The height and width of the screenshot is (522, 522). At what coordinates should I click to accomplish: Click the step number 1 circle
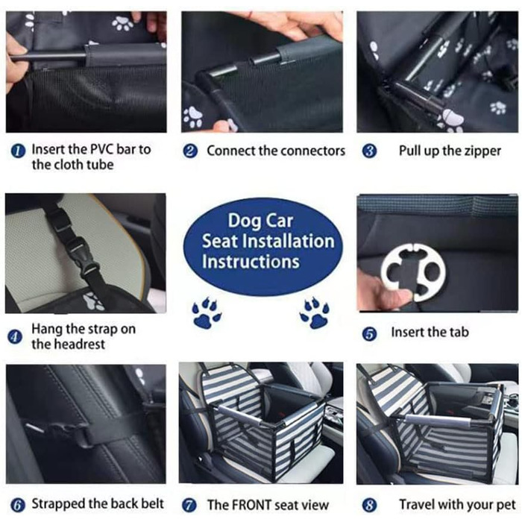[18, 151]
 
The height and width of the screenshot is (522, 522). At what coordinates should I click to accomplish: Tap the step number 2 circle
[190, 151]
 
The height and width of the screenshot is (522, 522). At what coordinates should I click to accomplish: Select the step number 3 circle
[369, 151]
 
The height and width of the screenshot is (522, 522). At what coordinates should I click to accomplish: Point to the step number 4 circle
[15, 336]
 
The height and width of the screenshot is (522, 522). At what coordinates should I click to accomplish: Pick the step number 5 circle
[369, 333]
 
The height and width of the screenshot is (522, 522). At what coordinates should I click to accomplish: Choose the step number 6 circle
[18, 505]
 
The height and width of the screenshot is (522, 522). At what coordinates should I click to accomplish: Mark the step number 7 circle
[189, 505]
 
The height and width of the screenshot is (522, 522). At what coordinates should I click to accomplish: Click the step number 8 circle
[369, 505]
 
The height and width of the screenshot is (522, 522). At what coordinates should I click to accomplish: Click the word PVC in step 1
[102, 149]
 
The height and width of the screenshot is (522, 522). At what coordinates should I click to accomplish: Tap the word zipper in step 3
[482, 151]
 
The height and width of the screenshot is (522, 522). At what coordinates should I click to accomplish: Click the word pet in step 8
[506, 505]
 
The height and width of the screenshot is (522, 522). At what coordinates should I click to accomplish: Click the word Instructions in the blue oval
[251, 262]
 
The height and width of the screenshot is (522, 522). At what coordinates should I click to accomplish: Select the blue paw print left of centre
[206, 312]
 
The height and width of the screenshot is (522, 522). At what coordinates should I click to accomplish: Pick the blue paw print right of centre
[315, 312]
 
